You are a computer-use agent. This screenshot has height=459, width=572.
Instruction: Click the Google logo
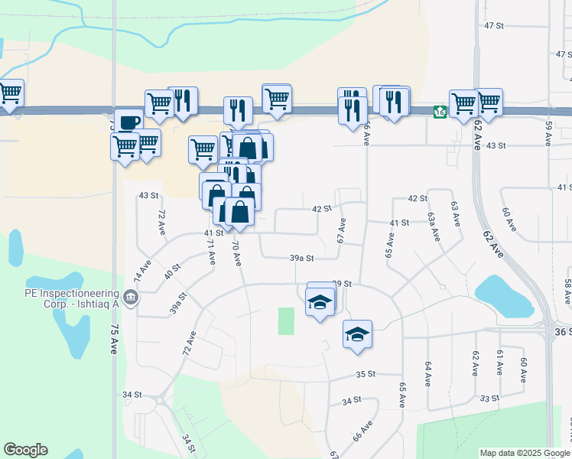(x=25, y=450)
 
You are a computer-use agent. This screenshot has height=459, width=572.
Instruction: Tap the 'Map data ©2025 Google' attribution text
(x=525, y=453)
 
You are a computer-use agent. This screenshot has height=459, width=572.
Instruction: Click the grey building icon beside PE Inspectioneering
(x=131, y=297)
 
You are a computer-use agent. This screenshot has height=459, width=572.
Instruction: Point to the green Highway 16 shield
(x=440, y=112)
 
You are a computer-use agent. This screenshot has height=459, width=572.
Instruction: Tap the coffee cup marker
(x=128, y=122)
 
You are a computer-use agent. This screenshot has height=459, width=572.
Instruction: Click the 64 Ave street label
(x=427, y=374)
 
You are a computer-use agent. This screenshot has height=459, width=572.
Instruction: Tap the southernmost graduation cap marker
(x=357, y=334)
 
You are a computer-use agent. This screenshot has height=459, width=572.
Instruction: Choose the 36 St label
(x=561, y=331)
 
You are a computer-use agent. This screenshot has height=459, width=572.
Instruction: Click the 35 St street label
(x=366, y=374)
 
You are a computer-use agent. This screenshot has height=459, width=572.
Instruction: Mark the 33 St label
(x=489, y=398)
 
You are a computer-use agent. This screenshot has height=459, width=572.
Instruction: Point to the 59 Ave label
(x=548, y=133)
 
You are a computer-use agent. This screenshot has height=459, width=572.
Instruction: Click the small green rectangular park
(x=286, y=321)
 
